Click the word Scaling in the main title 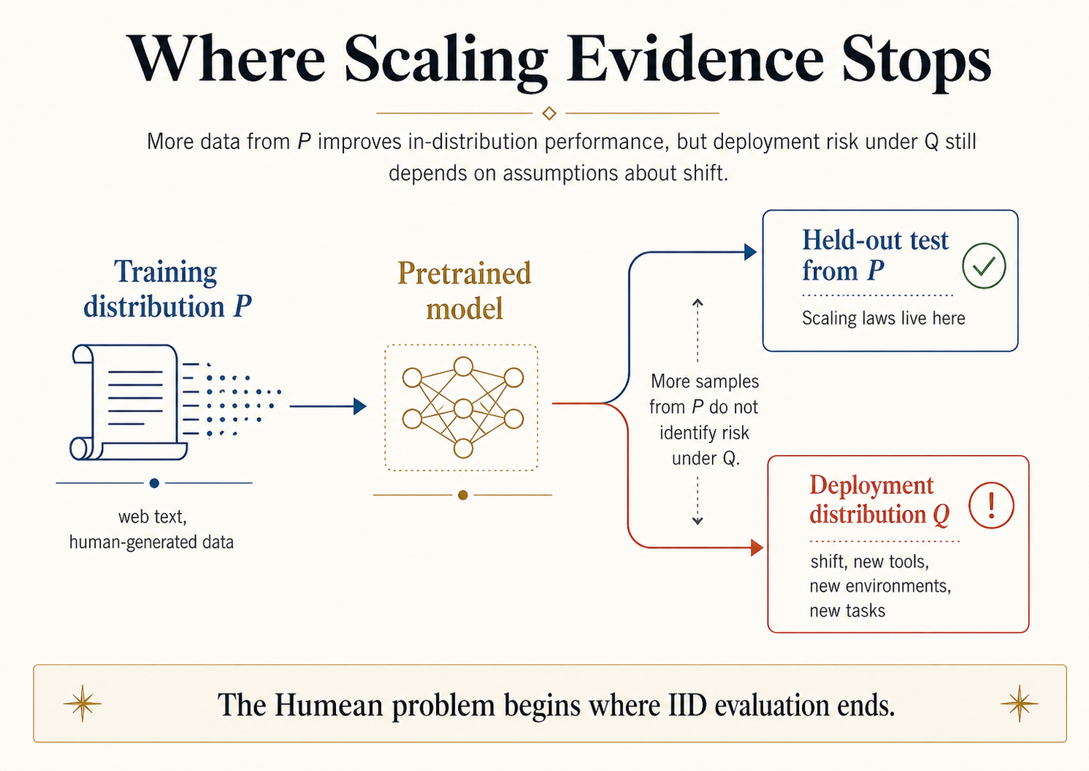pos(446,60)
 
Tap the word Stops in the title pos(917,60)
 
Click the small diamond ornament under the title pos(549,113)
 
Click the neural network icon pos(462,407)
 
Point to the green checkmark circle pos(984,266)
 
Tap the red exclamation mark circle pos(991,506)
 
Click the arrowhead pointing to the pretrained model pos(359,406)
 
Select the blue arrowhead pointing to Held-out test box pos(750,253)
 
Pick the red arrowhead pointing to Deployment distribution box pos(757,547)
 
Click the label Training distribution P pos(167,289)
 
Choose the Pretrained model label pos(464,291)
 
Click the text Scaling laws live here pos(883,319)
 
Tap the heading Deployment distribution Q pos(879,500)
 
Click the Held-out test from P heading pos(874,255)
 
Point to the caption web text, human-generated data pos(152,529)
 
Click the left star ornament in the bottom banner pos(82,704)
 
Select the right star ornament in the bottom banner pos(1019,704)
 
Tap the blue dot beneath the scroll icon pos(154,483)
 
